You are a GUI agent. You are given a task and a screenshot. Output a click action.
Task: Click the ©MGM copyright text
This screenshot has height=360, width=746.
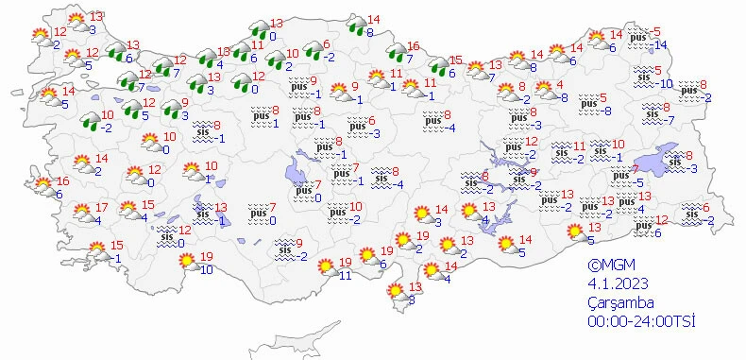click(604, 266)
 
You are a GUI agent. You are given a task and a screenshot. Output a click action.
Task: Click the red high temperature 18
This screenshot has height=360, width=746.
click(224, 51)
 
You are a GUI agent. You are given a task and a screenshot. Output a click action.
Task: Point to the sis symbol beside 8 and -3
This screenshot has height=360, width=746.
click(674, 162)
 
